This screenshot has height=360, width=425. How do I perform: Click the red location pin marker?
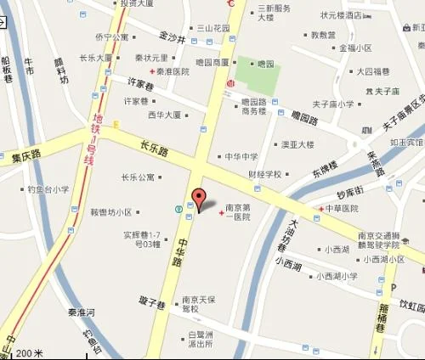coord(199,199)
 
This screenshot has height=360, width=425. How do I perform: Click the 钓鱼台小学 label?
coord(48,190)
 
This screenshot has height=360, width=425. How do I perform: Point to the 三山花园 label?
coord(213,28)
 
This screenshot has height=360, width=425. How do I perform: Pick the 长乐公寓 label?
coord(139,177)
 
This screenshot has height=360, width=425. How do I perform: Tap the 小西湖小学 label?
coord(337,275)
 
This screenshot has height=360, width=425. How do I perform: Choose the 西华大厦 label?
coord(165,114)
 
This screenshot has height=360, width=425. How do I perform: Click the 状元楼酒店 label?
coord(341,14)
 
